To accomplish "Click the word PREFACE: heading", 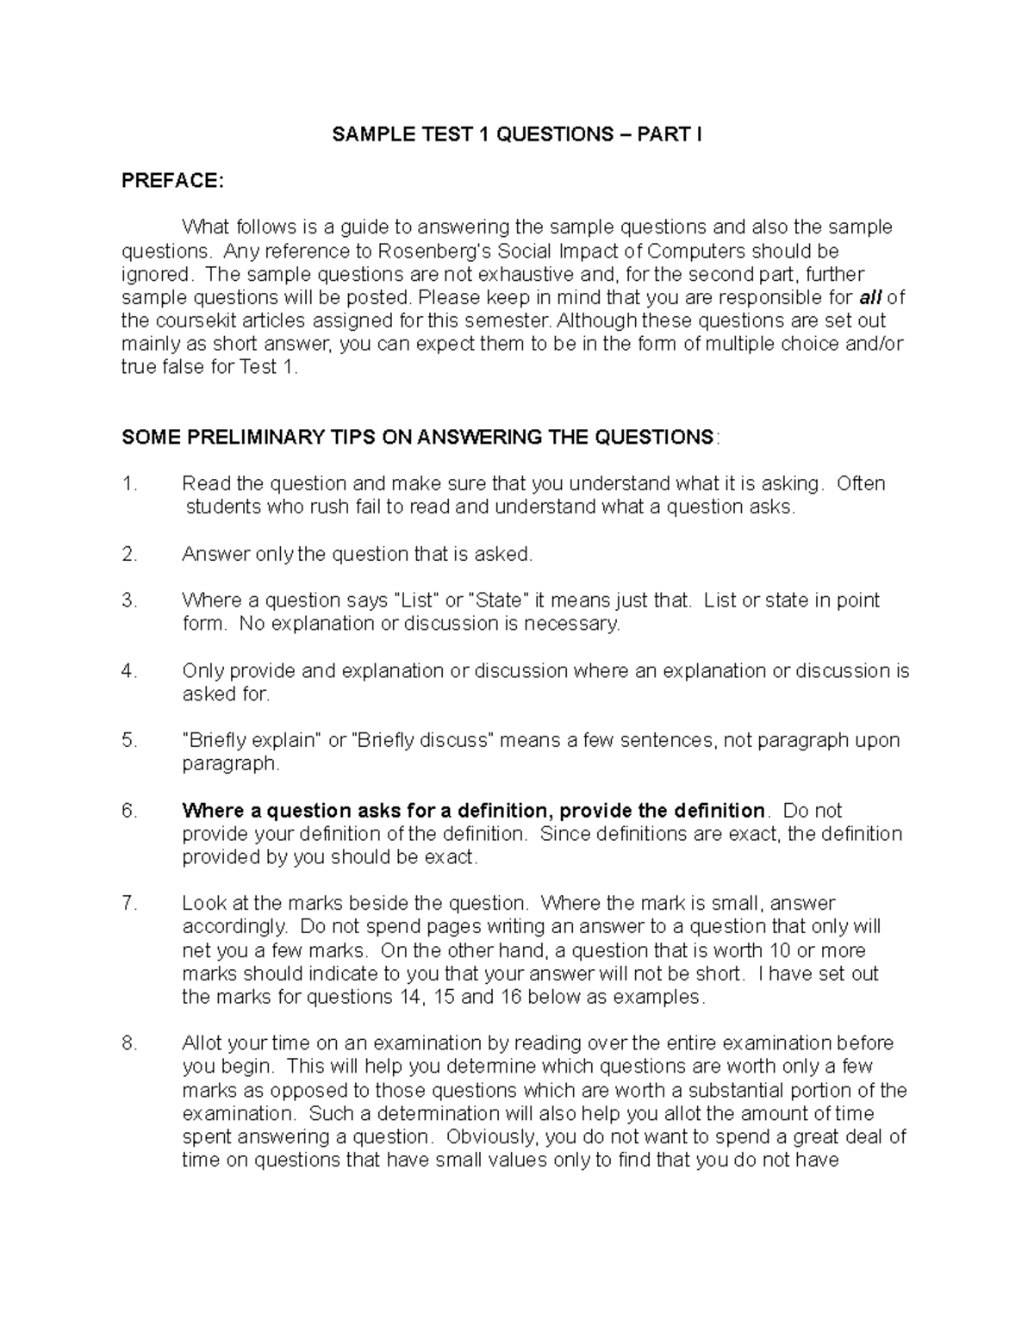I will [172, 181].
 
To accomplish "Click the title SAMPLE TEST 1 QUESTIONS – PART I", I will [517, 134].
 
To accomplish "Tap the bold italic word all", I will [870, 298].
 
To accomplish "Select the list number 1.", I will [130, 484].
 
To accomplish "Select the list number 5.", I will [130, 741].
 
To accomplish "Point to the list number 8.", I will [130, 1044].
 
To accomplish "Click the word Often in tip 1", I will [861, 484].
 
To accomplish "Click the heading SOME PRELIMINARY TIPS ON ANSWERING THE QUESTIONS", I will [418, 438].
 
